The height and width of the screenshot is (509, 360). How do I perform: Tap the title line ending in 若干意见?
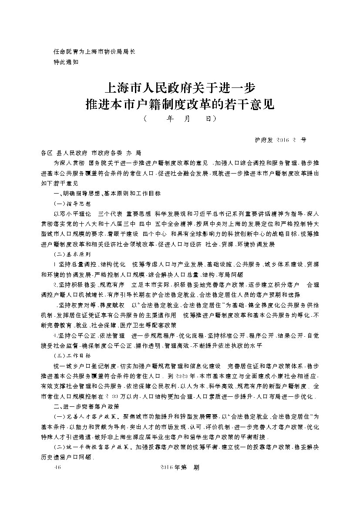pos(180,104)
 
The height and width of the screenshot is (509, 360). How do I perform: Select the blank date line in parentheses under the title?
pos(180,118)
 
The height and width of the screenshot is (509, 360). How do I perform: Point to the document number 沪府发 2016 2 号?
pos(280,140)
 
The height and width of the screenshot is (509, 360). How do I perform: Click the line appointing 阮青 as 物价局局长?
pos(94,51)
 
